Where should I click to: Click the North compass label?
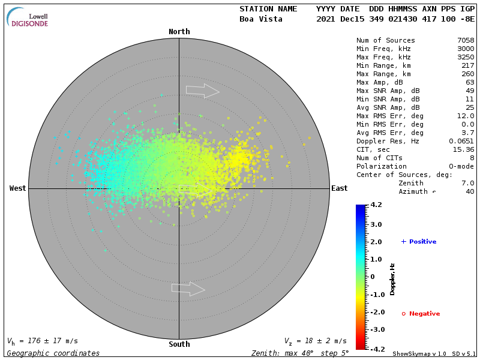(x=179, y=32)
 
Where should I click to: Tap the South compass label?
(x=179, y=344)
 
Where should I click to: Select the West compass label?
(x=17, y=188)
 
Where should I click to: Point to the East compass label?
(x=339, y=188)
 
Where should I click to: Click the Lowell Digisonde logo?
(x=28, y=18)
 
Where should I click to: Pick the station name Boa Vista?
(x=262, y=19)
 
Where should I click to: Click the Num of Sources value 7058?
(x=466, y=41)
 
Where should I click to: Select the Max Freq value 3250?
(x=466, y=58)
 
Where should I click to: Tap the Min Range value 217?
(x=468, y=65)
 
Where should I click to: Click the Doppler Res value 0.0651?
(x=461, y=141)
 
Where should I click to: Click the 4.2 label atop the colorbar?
(x=376, y=205)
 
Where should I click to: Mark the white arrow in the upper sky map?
(x=202, y=91)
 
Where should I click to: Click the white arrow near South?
(x=188, y=289)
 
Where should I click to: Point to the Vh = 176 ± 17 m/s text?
(x=42, y=341)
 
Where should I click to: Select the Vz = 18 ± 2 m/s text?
(x=315, y=341)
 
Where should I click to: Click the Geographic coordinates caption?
(x=53, y=353)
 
